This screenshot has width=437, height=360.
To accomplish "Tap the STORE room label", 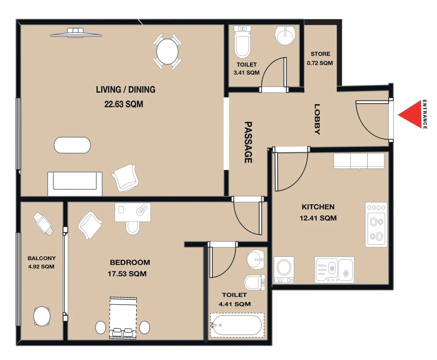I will click(x=320, y=54).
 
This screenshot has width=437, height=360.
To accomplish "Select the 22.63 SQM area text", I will click(x=124, y=104).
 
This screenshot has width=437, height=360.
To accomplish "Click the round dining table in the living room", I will click(x=167, y=51).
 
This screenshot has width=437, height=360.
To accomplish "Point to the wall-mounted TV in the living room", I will click(x=76, y=33).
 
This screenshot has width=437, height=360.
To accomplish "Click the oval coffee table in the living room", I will click(x=72, y=145).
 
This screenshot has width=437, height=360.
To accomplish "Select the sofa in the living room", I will click(x=75, y=184).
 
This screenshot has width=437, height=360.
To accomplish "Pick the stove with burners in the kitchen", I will click(x=376, y=225).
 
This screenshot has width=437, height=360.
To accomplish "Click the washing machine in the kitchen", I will click(x=284, y=270).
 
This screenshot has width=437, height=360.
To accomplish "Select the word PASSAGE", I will click(x=248, y=142).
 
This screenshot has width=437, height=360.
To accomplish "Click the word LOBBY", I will click(x=317, y=119).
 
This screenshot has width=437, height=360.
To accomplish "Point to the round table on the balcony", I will click(x=42, y=316).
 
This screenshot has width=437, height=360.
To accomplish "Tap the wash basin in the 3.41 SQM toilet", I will click(x=285, y=35).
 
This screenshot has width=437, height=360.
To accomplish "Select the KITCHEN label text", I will click(x=318, y=207).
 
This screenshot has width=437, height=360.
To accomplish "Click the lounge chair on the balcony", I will click(x=43, y=224).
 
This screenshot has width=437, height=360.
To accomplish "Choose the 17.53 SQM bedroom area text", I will click(x=127, y=274).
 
